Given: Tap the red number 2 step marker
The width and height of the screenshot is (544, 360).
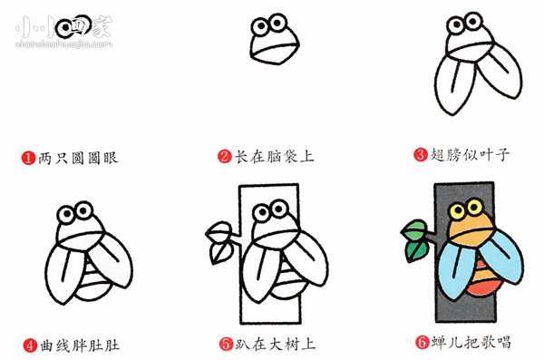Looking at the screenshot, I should click(x=224, y=157).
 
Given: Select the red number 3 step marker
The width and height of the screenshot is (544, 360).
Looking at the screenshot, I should click(x=420, y=155).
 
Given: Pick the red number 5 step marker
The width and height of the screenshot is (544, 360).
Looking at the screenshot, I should click(x=225, y=345).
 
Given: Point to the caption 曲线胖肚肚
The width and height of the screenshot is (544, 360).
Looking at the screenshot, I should click(x=80, y=345).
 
